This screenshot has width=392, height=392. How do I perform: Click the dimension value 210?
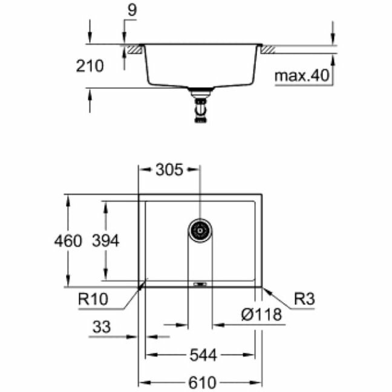(90, 66)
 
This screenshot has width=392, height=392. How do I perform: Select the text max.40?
(301, 76)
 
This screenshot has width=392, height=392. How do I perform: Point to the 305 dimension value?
(169, 170)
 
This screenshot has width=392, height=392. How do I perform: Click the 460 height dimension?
(68, 241)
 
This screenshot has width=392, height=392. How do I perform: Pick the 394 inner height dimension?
(106, 241)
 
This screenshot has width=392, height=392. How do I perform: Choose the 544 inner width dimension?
(203, 355)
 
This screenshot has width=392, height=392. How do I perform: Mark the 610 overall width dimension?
(201, 383)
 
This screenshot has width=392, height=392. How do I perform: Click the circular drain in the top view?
(200, 229)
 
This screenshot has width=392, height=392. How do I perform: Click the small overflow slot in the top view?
(200, 282)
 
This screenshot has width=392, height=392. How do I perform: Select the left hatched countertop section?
(134, 48)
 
